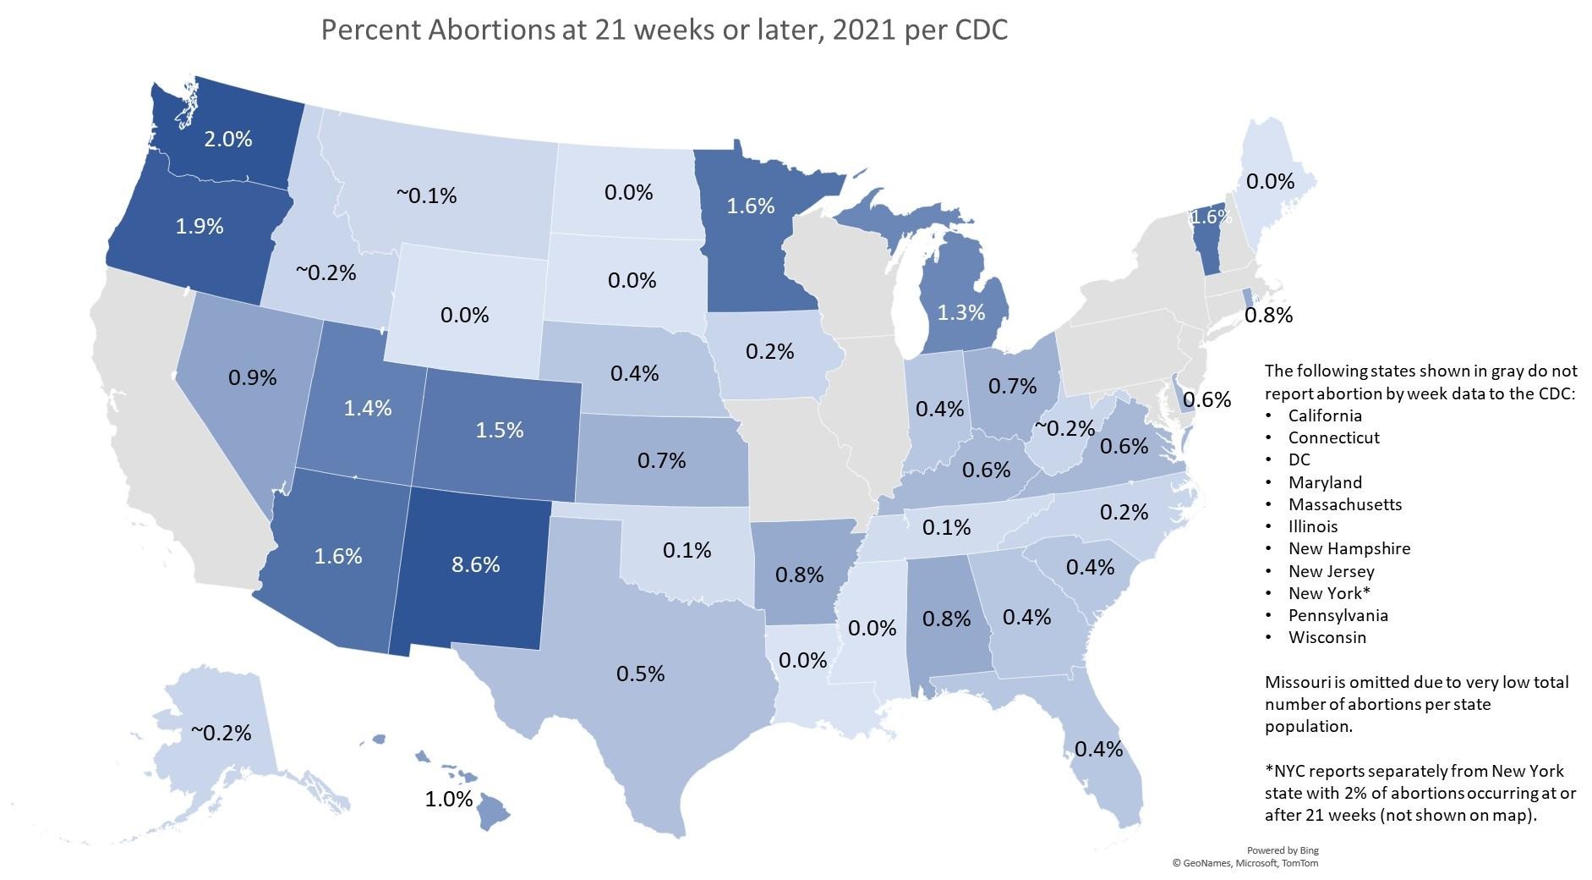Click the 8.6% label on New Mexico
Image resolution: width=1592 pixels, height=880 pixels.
(x=475, y=564)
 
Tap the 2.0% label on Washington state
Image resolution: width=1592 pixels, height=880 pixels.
(x=228, y=139)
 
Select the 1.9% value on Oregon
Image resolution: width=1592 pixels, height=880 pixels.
(x=200, y=226)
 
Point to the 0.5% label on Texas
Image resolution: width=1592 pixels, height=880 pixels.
(x=640, y=674)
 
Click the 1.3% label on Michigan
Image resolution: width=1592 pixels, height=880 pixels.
(x=961, y=312)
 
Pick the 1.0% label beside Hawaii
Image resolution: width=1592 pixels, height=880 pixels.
(x=449, y=799)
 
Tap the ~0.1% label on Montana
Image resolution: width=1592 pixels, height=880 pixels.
(x=426, y=195)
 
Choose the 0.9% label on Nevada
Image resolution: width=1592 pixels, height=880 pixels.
(x=253, y=377)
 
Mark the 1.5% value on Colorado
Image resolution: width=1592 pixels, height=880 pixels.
(x=500, y=430)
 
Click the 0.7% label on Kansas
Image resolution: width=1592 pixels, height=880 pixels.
(x=661, y=460)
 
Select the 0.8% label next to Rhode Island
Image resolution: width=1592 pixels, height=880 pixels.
(x=1269, y=316)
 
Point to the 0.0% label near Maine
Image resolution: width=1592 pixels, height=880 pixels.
(x=1271, y=181)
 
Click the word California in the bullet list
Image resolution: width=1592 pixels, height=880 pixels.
(x=1325, y=415)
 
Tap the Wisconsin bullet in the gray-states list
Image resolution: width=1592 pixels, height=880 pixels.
(x=1327, y=637)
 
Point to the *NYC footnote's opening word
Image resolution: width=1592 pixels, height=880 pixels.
(x=1286, y=771)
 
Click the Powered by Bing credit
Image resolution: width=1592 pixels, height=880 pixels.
(x=1283, y=850)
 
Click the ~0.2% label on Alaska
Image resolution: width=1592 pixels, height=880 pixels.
(x=221, y=733)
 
